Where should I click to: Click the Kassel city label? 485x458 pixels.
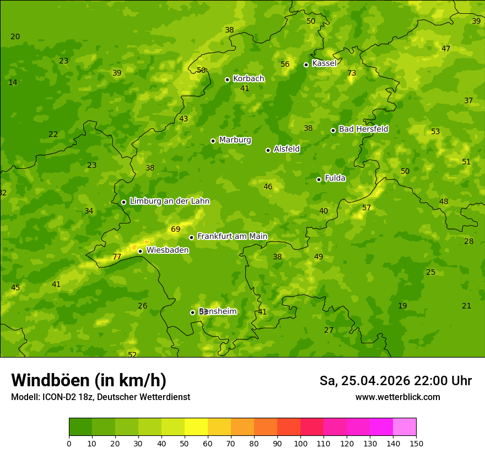(x=324, y=63)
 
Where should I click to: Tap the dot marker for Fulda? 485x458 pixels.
(x=319, y=179)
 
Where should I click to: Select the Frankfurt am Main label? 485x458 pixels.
(x=232, y=236)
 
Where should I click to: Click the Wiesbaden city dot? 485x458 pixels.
(x=140, y=251)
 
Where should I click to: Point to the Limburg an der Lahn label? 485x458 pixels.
(x=169, y=201)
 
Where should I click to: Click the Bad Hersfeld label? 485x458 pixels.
(x=363, y=129)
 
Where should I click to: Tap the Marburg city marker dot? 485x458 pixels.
(x=213, y=141)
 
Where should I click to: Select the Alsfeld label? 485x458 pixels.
(x=287, y=149)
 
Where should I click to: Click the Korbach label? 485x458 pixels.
(x=249, y=78)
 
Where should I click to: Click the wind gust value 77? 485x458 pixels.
(x=117, y=257)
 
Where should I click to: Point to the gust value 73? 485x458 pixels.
(x=352, y=73)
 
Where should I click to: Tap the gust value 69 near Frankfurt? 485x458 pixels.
(x=175, y=229)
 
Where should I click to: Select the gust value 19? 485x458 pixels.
(x=402, y=306)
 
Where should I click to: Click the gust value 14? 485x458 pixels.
(x=13, y=82)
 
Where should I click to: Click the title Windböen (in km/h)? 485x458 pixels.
(x=89, y=380)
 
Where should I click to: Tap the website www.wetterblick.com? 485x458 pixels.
(x=397, y=397)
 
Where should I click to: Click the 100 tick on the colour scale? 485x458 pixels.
(x=300, y=443)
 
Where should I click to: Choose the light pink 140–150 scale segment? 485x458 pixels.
(x=405, y=427)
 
